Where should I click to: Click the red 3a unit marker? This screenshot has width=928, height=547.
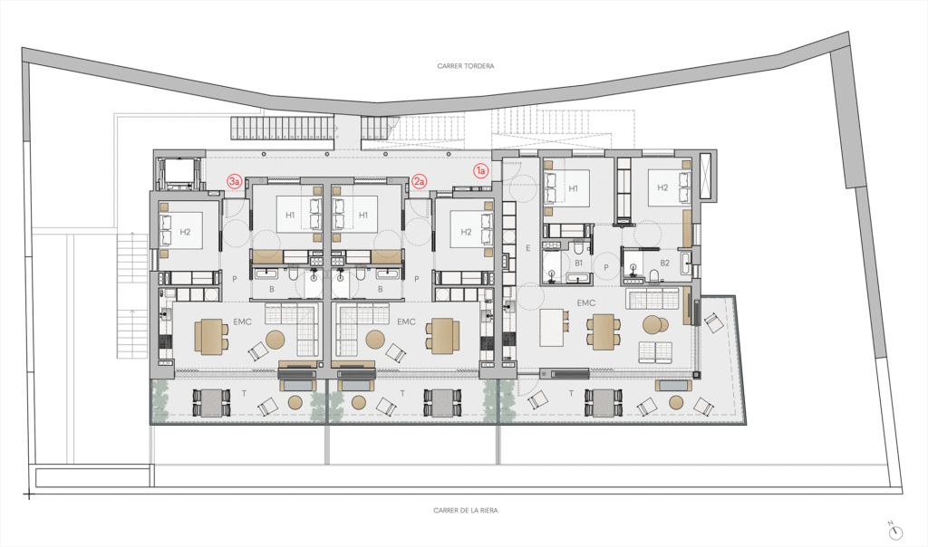coord(235,181)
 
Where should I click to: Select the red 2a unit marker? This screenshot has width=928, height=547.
coord(419,181)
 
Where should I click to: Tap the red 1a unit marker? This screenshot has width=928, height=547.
coord(480,171)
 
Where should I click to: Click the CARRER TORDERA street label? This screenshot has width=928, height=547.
coord(465,66)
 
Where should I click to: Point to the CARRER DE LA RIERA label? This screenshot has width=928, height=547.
coord(465,511)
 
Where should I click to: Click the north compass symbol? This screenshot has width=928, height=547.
coord(896,533)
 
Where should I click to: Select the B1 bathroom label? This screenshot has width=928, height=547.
coord(579,263)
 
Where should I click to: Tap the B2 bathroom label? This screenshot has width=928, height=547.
coord(664,263)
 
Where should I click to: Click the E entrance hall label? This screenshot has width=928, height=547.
coord(528,249)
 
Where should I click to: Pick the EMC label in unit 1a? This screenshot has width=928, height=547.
coord(586,302)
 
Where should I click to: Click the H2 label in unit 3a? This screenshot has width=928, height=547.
coord(185,232)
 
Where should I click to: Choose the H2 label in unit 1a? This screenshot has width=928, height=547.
coord(662,187)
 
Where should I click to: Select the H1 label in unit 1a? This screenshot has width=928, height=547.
coord(573,188)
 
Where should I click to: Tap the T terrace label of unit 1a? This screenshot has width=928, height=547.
coord(571,393)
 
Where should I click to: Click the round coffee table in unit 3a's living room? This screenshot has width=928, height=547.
coord(275,340)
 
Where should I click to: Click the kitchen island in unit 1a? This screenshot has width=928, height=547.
coord(552,328)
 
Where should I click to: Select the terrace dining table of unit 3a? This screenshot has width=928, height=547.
coord(211,403)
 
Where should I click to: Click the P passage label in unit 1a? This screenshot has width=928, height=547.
coord(606,267)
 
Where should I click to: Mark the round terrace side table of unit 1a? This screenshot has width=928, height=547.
coord(676,403)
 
